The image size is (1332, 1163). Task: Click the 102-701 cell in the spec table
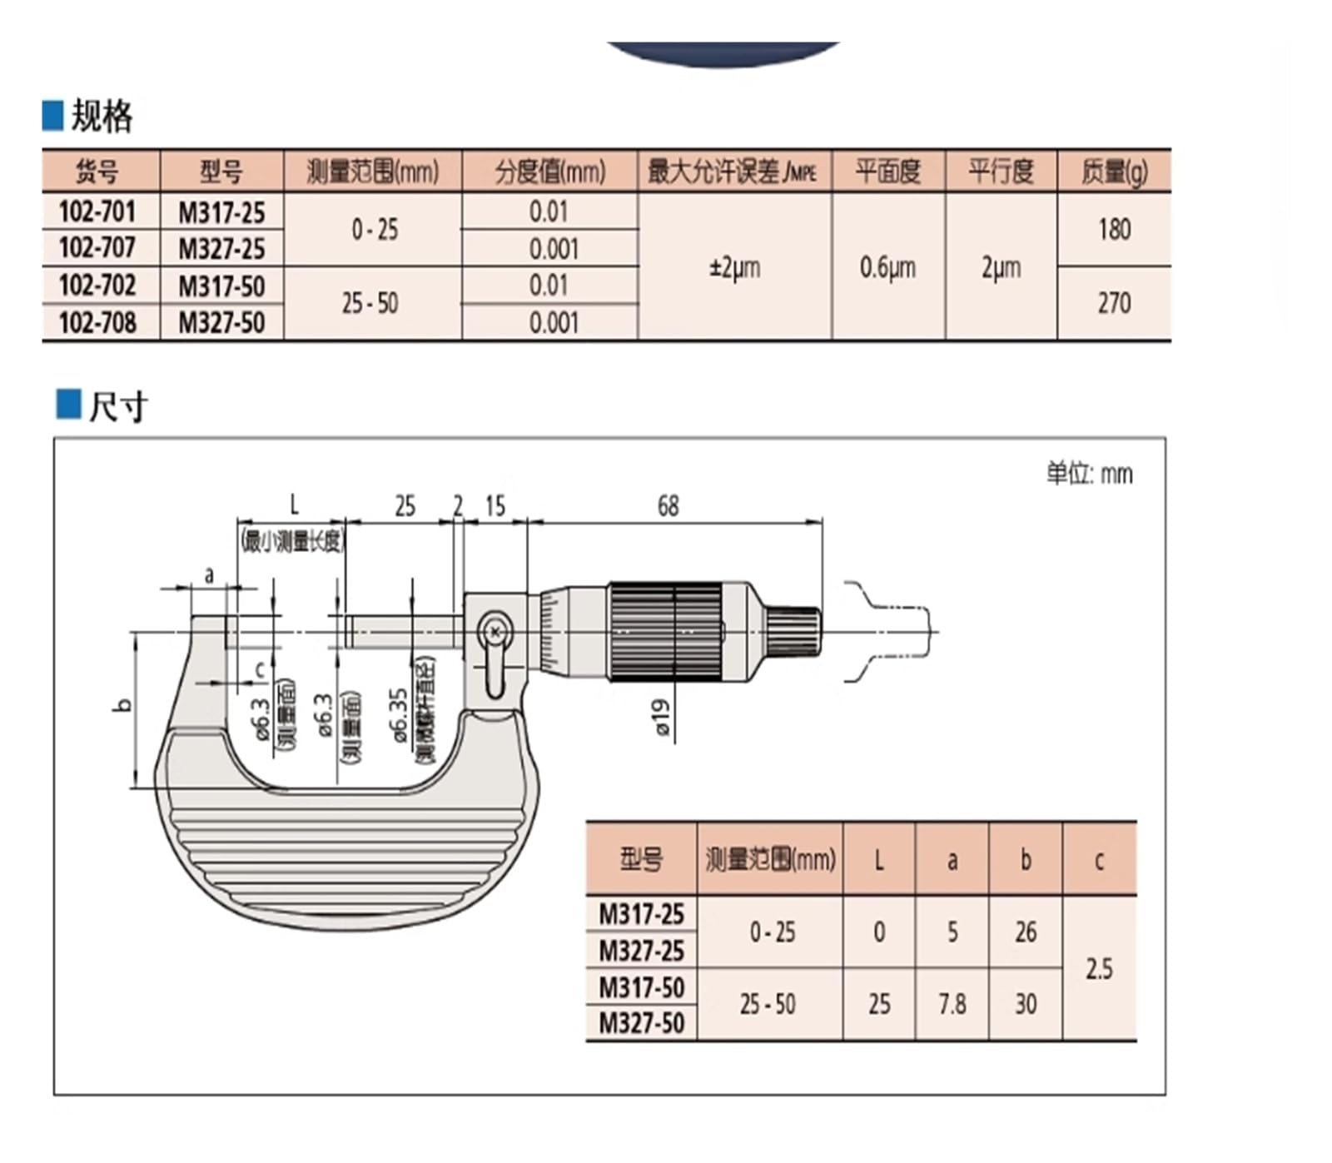point(97,211)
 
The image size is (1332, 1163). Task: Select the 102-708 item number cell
point(97,322)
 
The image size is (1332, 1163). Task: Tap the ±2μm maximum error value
point(734,267)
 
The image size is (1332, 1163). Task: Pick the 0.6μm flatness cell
point(887,267)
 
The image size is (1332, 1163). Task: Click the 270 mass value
point(1114,303)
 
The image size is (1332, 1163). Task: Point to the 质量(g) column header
point(1114,171)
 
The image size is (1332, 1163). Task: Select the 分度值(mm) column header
point(549,171)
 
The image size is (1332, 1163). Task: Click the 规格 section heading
point(101,116)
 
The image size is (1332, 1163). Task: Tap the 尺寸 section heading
point(117,407)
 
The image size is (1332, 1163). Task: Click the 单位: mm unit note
point(1089,474)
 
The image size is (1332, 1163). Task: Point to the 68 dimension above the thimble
point(668,505)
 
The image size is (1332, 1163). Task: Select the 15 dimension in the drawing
point(495,505)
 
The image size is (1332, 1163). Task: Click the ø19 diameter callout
point(663,717)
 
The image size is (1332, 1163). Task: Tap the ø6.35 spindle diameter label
point(399,714)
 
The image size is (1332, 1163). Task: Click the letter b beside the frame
point(122,706)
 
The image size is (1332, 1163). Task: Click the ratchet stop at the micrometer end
point(793,632)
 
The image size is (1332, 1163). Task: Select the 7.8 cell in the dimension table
point(952,1004)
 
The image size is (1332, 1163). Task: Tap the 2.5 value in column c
point(1099,968)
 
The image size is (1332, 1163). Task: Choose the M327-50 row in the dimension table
point(641,1022)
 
